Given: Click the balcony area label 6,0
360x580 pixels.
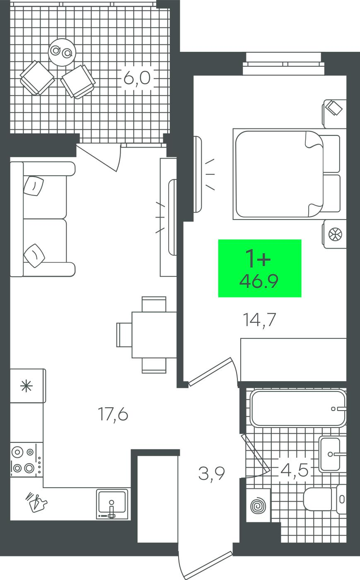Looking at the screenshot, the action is [x=137, y=78].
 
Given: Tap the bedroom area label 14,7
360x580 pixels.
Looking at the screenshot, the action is [x=259, y=320].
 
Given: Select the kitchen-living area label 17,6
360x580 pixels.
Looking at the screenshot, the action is [x=113, y=415].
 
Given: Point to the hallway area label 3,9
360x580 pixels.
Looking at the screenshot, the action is [x=211, y=474].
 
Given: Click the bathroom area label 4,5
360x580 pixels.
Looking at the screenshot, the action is [x=295, y=470].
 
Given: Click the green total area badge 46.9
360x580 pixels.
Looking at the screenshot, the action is [x=260, y=268].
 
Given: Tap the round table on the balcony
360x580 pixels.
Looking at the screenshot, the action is [x=62, y=52].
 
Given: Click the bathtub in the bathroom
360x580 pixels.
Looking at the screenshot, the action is [x=298, y=408].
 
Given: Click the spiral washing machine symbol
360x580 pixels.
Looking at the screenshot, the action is [x=258, y=505].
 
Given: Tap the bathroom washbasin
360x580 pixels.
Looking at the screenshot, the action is [x=332, y=454].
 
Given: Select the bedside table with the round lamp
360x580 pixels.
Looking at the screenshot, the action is [x=334, y=234].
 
